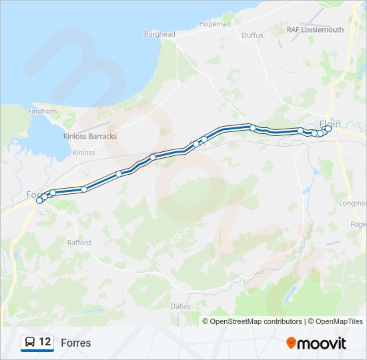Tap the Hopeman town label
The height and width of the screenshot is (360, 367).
pyautogui.click(x=214, y=24)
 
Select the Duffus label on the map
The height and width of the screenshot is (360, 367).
pyautogui.click(x=252, y=35)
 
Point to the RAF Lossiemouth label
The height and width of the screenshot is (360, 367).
pyautogui.click(x=315, y=30)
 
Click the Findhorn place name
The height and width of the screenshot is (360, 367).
pyautogui.click(x=42, y=111)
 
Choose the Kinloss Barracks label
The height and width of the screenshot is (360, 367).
pyautogui.click(x=89, y=136)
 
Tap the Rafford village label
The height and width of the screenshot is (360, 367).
pyautogui.click(x=79, y=243)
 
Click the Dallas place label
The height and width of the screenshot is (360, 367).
pyautogui.click(x=180, y=305)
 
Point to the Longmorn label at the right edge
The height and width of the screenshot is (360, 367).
pyautogui.click(x=353, y=203)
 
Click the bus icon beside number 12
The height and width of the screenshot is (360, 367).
pyautogui.click(x=30, y=343)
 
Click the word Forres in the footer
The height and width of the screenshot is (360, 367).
pyautogui.click(x=75, y=343)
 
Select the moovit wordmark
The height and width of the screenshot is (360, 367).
pyautogui.click(x=322, y=343)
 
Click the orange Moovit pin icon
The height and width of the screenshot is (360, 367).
pyautogui.click(x=291, y=343)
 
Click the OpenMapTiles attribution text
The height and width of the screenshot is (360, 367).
pyautogui.click(x=337, y=321)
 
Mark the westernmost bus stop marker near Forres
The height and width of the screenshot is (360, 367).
pyautogui.click(x=39, y=200)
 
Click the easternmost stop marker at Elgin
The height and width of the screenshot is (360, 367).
pyautogui.click(x=328, y=129)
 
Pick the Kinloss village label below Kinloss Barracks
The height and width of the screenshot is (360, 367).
pyautogui.click(x=83, y=153)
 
